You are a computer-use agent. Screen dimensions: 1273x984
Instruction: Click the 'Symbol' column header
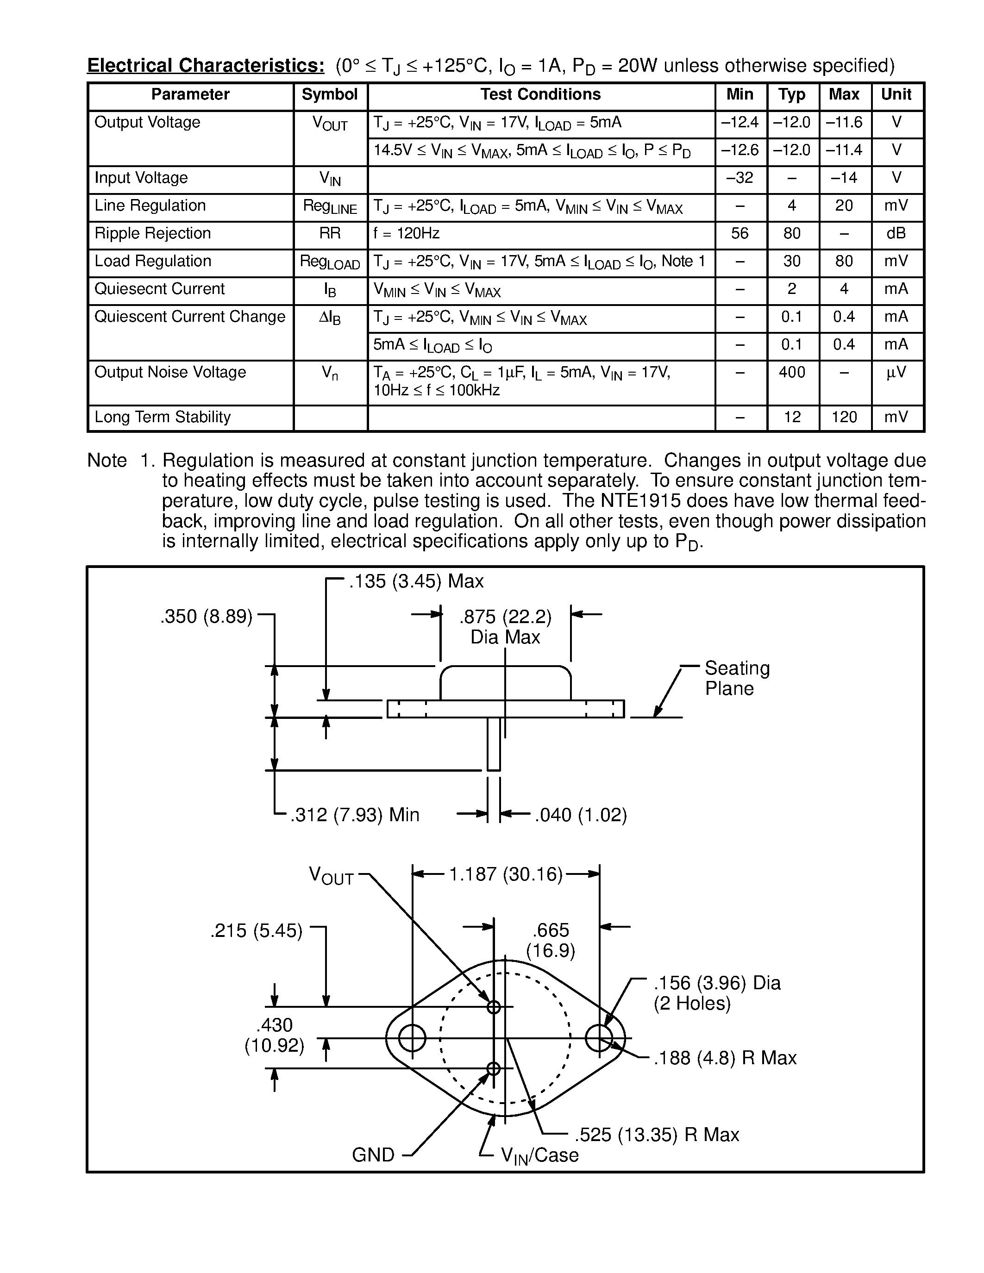[x=329, y=94]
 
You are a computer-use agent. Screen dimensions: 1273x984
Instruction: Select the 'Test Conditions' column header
[x=540, y=94]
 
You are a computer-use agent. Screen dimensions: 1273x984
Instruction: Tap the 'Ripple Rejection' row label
[x=153, y=233]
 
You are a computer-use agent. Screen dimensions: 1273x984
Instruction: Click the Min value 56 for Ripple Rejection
[x=740, y=233]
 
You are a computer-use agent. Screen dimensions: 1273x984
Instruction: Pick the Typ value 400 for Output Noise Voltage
[x=792, y=372]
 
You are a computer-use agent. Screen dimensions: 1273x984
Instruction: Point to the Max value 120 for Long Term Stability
[x=844, y=417]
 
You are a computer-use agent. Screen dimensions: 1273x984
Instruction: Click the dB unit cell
[x=896, y=233]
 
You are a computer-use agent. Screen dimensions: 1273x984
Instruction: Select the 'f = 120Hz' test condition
[x=406, y=234]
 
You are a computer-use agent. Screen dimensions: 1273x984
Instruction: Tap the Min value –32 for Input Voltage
[x=740, y=178]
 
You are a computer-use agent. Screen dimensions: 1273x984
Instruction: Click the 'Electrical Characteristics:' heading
[x=206, y=65]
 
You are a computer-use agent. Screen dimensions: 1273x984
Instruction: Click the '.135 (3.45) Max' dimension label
[x=416, y=581]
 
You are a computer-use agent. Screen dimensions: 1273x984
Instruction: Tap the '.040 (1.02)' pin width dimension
[x=581, y=814]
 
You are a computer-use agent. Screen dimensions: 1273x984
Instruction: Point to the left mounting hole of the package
[x=412, y=1038]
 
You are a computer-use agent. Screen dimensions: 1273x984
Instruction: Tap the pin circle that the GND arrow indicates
[x=494, y=1068]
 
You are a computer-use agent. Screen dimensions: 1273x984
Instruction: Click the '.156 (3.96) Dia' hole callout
[x=716, y=983]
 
